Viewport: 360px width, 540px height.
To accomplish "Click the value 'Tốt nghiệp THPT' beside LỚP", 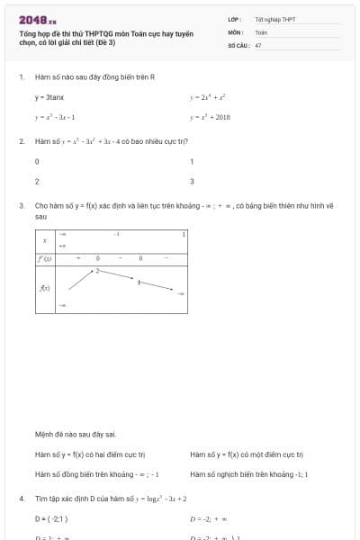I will tap(274, 19).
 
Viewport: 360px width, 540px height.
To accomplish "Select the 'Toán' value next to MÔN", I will tap(261, 31).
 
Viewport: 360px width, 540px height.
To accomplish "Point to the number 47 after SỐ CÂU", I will tap(258, 44).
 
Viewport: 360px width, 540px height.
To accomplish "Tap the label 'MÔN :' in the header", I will tap(236, 31).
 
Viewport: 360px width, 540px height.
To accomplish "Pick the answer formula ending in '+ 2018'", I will tap(210, 117).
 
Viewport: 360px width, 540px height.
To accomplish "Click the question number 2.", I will tap(21, 141).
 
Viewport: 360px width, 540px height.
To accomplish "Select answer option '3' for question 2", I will tap(192, 181).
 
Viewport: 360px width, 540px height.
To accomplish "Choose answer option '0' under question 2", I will tap(37, 162).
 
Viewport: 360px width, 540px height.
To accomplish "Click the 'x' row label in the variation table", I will tap(45, 240).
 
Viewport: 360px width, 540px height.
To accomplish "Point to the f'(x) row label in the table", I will tap(44, 258).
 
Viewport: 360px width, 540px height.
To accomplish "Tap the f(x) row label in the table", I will tap(44, 288).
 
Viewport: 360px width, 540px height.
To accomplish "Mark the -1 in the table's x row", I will tap(117, 233).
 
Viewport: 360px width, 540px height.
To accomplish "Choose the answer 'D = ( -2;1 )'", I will tap(51, 518).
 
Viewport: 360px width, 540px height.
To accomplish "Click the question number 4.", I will tap(21, 498).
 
